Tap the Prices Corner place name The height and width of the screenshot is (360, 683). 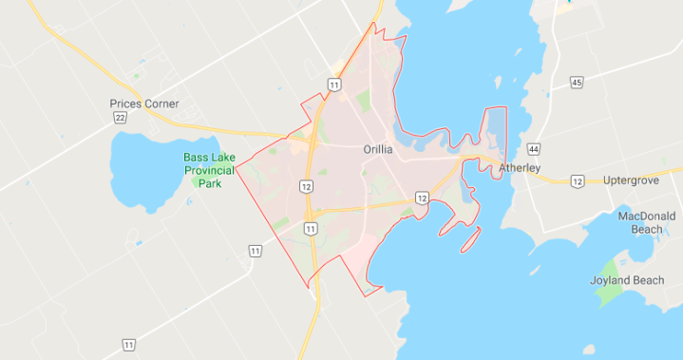[x=144, y=104]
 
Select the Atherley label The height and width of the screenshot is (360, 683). [x=520, y=168]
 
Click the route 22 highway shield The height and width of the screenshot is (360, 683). [x=120, y=117]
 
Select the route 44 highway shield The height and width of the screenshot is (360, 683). [x=534, y=150]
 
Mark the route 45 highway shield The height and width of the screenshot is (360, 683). [x=577, y=84]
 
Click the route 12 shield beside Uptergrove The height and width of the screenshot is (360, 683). [x=578, y=180]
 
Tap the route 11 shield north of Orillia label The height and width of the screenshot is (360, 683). [x=333, y=85]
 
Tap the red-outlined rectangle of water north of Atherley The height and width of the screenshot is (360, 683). [x=496, y=129]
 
